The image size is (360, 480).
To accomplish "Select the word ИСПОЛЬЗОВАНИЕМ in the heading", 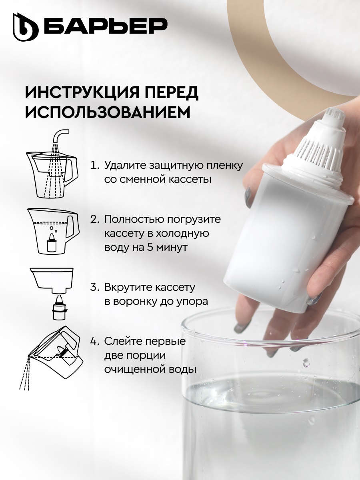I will coord(108,113).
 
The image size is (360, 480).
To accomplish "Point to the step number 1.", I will coord(94,165).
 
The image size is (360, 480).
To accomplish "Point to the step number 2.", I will coord(94,220).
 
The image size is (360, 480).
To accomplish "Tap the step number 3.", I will coord(94,287).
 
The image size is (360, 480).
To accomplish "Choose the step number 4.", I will coord(94,342).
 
